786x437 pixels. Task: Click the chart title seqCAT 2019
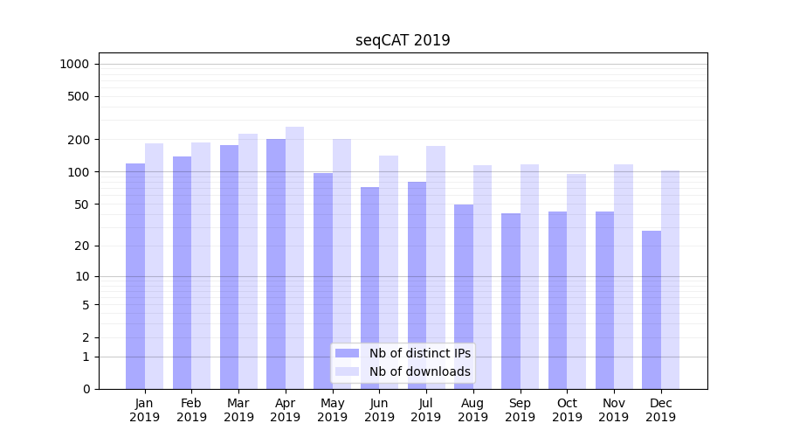pos(403,40)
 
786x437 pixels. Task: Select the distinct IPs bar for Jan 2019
pos(135,276)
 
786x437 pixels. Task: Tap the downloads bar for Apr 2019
pos(294,258)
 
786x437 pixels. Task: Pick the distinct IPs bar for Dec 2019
pos(652,309)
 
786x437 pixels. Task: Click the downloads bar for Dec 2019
pos(670,280)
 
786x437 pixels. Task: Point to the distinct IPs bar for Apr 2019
pos(276,264)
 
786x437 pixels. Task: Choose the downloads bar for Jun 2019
pos(389,272)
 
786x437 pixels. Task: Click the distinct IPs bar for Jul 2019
pos(417,285)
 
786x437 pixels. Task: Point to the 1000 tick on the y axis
pos(74,64)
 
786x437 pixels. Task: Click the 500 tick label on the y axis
pos(79,96)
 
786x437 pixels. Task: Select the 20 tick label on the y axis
pos(82,246)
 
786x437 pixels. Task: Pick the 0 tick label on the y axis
pos(86,389)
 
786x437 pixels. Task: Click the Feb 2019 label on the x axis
pos(191,410)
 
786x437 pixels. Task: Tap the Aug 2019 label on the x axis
pos(472,410)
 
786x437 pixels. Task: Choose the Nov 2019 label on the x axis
pos(614,410)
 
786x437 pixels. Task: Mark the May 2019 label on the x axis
pos(332,410)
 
